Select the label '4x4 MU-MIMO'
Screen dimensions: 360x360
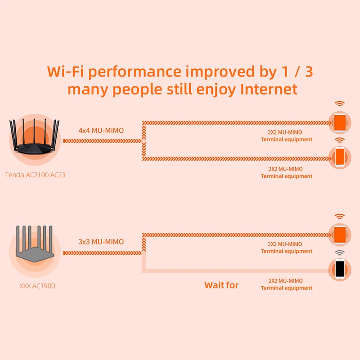pyautogui.click(x=101, y=130)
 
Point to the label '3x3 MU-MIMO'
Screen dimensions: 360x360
pyautogui.click(x=101, y=242)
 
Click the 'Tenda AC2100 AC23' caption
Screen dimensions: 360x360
pyautogui.click(x=35, y=175)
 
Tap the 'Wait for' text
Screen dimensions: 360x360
pyautogui.click(x=221, y=285)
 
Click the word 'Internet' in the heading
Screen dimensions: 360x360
pyautogui.click(x=269, y=89)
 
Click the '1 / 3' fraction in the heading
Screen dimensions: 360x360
pyautogui.click(x=295, y=71)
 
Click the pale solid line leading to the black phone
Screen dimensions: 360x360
pyautogui.click(x=234, y=270)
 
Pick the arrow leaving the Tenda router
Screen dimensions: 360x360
pyautogui.click(x=101, y=141)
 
